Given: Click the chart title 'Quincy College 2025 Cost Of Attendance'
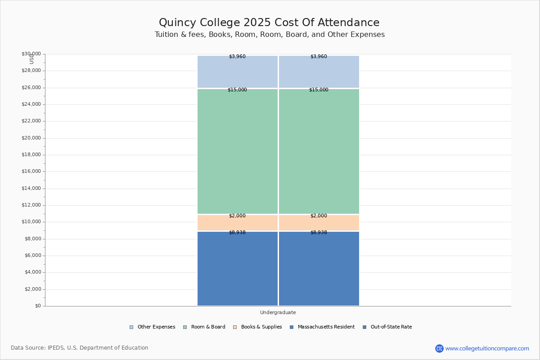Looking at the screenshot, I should coord(269,23).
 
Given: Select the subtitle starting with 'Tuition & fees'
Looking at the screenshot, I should coord(270,35).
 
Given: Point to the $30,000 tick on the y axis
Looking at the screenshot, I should coord(31,54).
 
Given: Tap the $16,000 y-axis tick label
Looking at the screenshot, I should coord(31,171).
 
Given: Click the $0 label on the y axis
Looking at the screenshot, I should coord(37,306).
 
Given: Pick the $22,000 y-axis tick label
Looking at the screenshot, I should coord(31,121).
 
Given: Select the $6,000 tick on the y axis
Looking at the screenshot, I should coord(32,256).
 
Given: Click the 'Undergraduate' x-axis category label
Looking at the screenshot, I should coord(278,312).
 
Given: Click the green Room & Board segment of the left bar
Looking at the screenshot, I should coord(238,151).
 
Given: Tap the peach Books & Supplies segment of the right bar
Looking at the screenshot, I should coord(319,223).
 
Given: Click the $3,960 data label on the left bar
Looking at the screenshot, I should coord(237,57).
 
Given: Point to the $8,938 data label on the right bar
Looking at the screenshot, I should coord(319,233).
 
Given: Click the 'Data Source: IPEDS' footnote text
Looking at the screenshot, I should coord(80,348).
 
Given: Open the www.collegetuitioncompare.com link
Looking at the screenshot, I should coord(487,348).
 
